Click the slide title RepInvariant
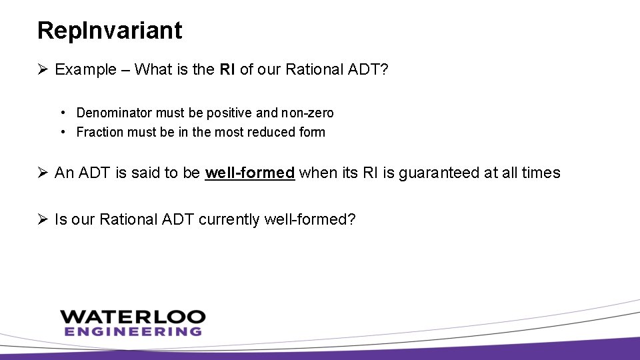tap(109, 30)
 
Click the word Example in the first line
tap(85, 70)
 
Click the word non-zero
tap(307, 113)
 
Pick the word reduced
tap(272, 132)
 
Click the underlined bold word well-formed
tap(249, 173)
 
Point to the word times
tap(540, 173)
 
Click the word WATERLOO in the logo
tap(133, 317)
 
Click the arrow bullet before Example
tap(43, 70)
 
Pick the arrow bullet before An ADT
tap(43, 173)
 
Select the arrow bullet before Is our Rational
tap(43, 219)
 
